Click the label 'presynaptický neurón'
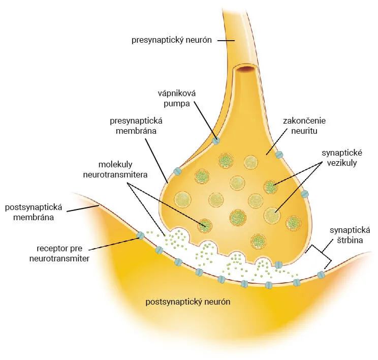pos(171,40)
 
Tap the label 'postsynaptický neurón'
pos(188,302)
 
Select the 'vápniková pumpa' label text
pos(177,99)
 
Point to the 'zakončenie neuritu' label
pos(304,126)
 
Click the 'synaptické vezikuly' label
pos(342,158)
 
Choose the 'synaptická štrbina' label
pos(350,235)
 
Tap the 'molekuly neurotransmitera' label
pos(115,169)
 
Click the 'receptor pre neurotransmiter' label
pos(59,253)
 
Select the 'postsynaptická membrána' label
pos(34,212)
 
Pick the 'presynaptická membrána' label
pos(136,126)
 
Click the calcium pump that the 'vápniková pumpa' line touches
pos(216,140)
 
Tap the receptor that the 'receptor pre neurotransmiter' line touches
pos(140,235)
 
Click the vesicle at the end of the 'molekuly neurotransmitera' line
pos(205,226)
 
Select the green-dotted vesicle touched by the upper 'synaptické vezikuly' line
pos(270,187)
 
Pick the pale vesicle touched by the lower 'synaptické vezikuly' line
pos(273,215)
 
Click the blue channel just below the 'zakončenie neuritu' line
pos(279,155)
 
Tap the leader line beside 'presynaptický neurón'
pos(226,41)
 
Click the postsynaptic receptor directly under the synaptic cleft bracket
pos(321,275)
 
